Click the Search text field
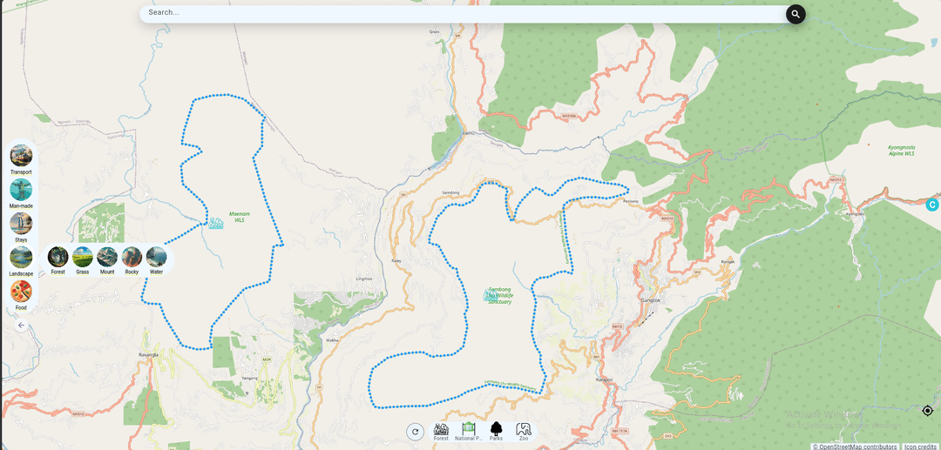[462, 13]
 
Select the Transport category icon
[21, 156]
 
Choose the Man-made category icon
[21, 190]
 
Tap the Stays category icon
[21, 224]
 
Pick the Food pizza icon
[21, 291]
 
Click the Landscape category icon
[21, 258]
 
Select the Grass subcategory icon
[83, 257]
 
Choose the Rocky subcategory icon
[132, 257]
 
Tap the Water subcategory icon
[156, 257]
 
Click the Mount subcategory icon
[107, 257]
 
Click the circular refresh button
[416, 432]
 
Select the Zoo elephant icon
[524, 429]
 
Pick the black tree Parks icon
[497, 429]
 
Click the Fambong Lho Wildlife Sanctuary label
[499, 296]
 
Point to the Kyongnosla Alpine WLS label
[901, 150]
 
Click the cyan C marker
[931, 205]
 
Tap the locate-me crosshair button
[927, 411]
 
